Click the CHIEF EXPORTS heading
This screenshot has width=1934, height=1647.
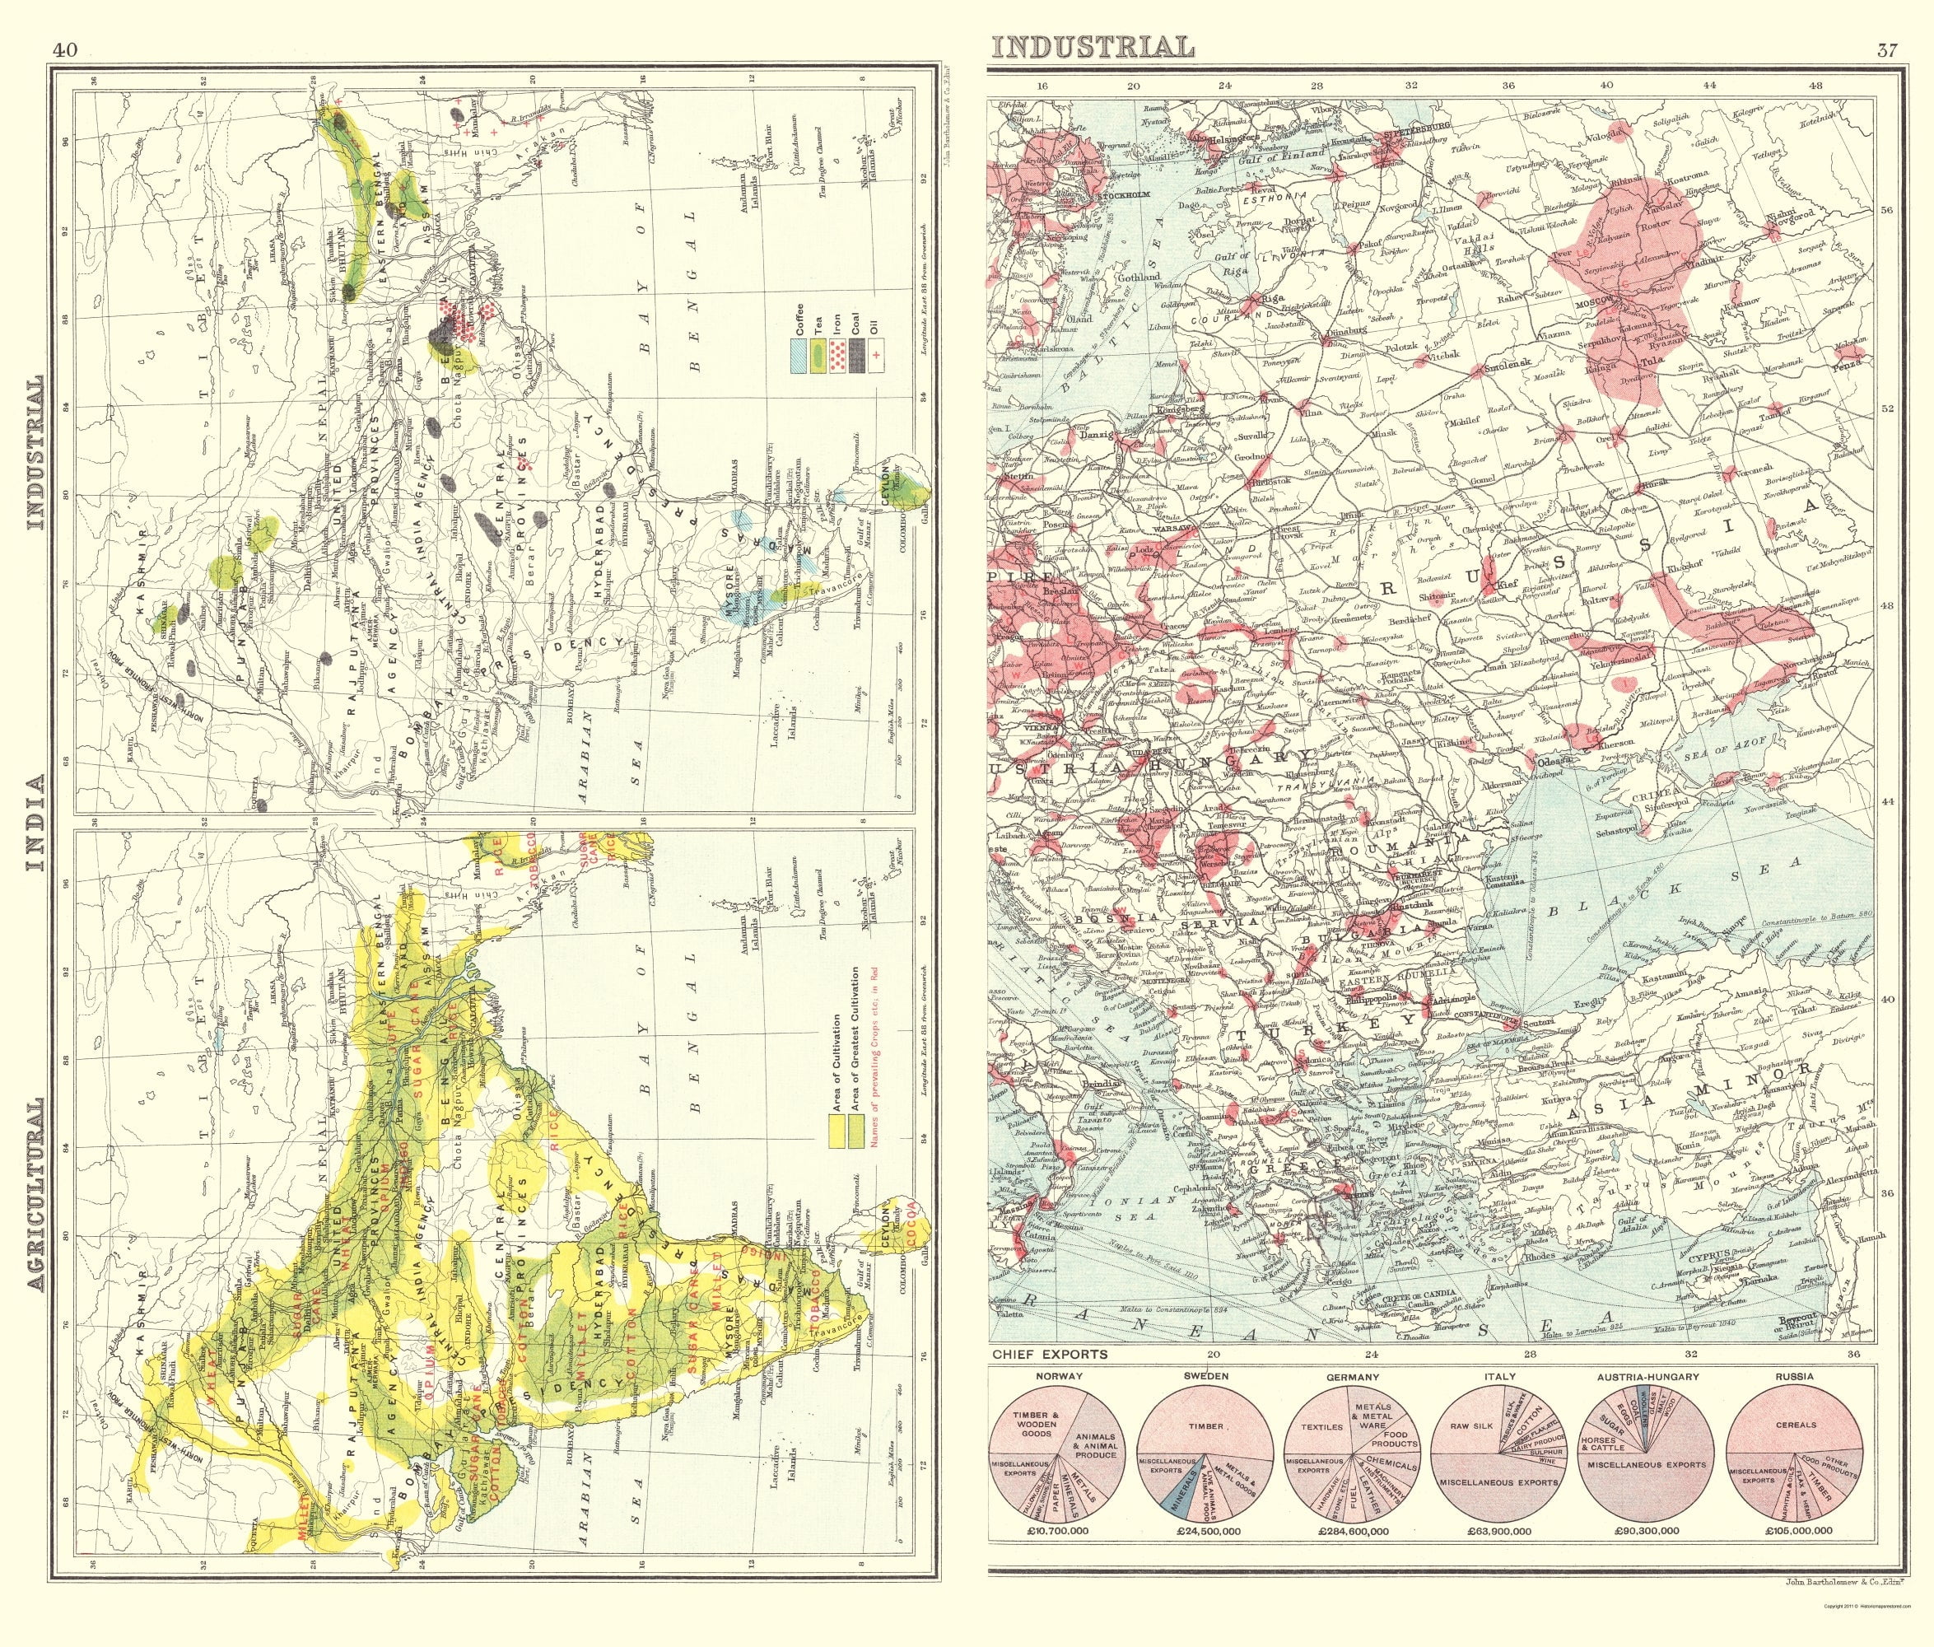click(1049, 1354)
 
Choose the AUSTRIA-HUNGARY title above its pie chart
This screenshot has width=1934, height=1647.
click(1648, 1376)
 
